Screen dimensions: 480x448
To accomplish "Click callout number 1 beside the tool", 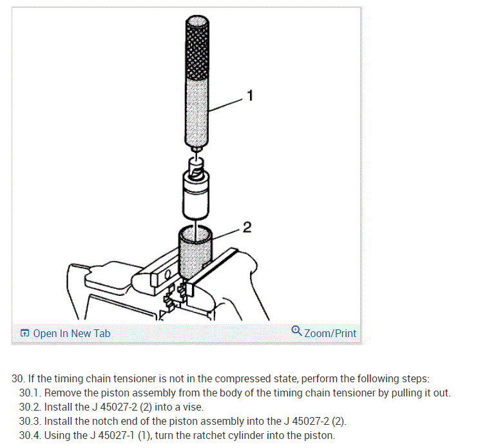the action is point(250,97).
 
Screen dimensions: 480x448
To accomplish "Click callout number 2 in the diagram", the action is point(247,227).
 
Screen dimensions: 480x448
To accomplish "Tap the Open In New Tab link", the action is point(71,333).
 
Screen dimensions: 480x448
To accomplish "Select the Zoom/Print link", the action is point(330,333).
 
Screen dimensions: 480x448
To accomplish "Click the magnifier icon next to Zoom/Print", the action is point(296,331).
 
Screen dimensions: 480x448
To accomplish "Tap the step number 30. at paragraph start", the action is point(19,378).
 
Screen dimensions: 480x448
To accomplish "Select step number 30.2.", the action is point(30,407).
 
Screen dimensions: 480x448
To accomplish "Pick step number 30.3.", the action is point(30,421).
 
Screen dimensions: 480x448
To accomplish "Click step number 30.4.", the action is point(30,435).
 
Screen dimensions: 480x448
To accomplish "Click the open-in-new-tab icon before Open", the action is point(24,333).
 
